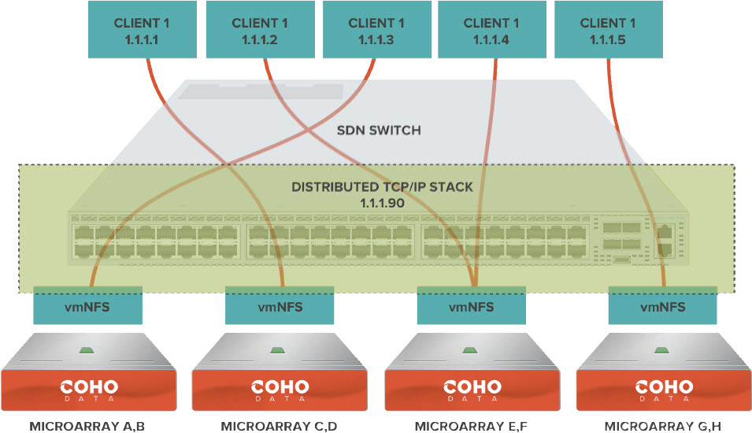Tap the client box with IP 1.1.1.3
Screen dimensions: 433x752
point(376,30)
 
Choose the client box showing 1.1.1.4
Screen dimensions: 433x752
point(491,30)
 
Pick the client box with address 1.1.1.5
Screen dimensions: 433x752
point(608,30)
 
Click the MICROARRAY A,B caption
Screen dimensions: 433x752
point(87,427)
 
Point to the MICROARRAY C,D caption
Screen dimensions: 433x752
point(279,427)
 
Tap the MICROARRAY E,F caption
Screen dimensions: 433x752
point(471,427)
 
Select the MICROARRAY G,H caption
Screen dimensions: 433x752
point(663,427)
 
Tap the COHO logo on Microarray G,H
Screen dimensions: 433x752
point(663,389)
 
